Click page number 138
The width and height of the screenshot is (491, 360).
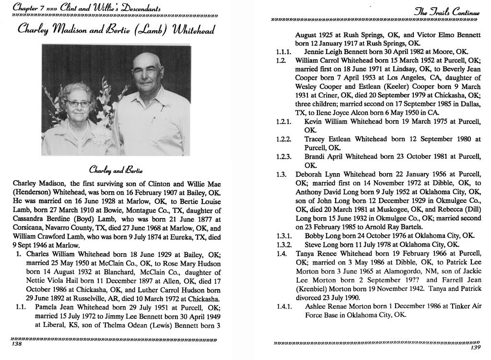tap(17, 344)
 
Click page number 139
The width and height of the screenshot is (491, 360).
tap(475, 348)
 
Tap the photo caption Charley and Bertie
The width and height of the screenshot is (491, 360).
tap(116, 170)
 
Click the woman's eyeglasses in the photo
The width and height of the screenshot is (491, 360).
tap(78, 103)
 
